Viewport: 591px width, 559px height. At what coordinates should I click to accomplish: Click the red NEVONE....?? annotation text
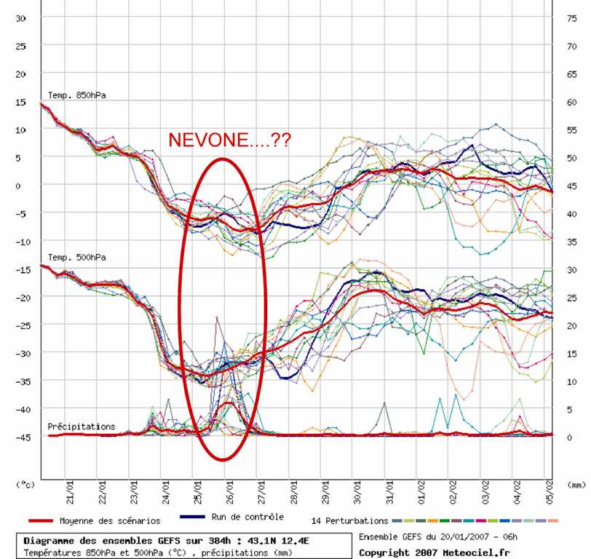[x=229, y=140]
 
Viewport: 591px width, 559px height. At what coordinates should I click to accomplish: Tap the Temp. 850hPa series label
[x=77, y=95]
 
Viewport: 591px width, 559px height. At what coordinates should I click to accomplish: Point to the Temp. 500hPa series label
[x=77, y=257]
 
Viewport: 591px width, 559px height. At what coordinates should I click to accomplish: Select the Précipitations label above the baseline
[x=82, y=426]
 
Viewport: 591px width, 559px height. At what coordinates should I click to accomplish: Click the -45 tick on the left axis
[x=20, y=437]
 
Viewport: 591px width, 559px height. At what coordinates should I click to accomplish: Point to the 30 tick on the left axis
[x=20, y=17]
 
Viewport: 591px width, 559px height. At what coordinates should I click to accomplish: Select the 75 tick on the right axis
[x=573, y=17]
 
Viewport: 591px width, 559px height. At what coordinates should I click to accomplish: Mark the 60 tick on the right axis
[x=573, y=101]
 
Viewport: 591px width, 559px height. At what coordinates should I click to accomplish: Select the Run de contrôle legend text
[x=243, y=517]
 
